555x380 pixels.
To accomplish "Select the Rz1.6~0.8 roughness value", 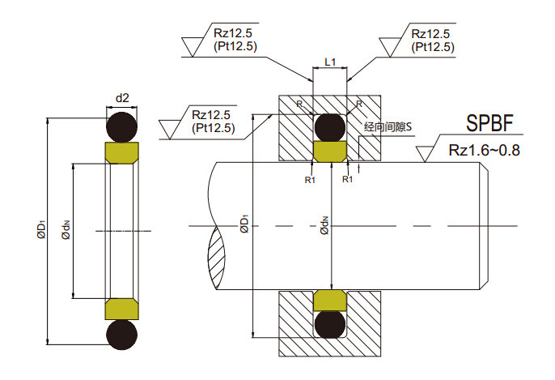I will click(x=484, y=150).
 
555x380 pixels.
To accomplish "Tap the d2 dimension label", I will click(x=123, y=99).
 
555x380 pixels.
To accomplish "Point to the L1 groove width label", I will click(x=330, y=62).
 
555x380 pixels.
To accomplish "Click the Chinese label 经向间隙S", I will click(x=389, y=127).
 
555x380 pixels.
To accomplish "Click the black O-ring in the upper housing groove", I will click(x=330, y=127).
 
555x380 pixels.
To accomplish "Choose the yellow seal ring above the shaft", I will click(x=330, y=151).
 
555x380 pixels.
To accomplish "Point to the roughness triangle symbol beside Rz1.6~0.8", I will click(x=426, y=153).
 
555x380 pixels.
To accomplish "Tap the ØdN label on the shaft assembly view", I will click(x=324, y=224).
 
